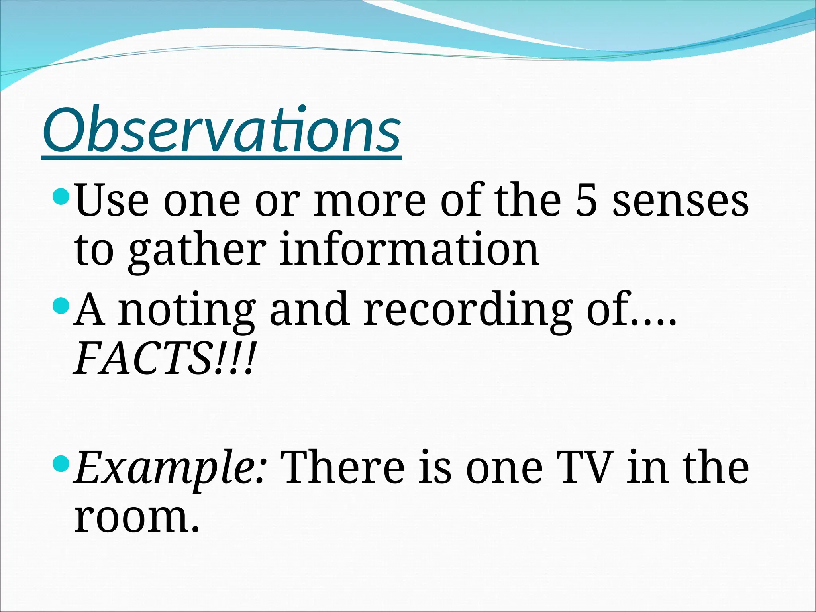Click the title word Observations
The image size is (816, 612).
click(x=221, y=130)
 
